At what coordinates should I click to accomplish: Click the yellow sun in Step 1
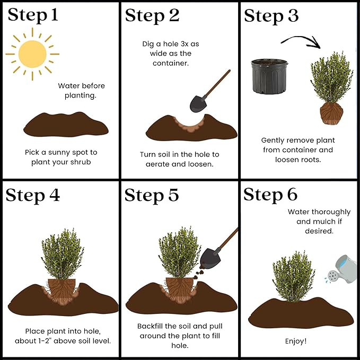coord(32,54)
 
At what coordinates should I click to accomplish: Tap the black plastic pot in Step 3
coord(269,76)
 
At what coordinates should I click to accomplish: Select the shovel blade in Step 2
coord(198,104)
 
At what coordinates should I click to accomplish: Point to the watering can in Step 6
coord(342,269)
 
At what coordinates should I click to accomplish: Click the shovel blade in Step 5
coord(210,258)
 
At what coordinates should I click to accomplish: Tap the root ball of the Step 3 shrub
coord(331,113)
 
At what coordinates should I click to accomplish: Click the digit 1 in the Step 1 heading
coord(54,15)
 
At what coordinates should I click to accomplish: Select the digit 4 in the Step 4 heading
coord(55,195)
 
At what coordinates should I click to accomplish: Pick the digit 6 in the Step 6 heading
coord(292,194)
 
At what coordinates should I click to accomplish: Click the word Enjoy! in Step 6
coord(296,341)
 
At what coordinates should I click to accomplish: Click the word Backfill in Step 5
coord(150,326)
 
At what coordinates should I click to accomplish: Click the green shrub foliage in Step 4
coord(63,254)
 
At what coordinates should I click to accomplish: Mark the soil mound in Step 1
coord(66,125)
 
